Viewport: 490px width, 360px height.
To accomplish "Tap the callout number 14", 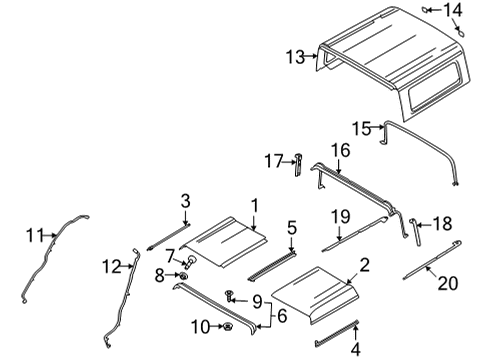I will point(454,11).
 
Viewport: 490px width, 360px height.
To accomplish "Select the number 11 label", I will point(35,235).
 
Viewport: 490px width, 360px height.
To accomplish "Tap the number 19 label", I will point(340,216).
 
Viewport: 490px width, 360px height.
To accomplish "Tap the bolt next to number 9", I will point(232,296).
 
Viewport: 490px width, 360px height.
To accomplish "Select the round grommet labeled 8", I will point(183,275).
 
